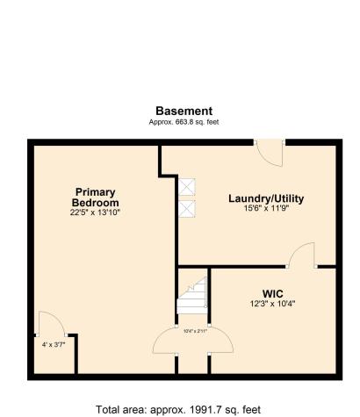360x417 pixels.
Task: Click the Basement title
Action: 184,111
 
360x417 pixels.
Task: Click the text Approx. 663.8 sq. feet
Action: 184,122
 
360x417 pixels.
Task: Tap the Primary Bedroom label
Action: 95,198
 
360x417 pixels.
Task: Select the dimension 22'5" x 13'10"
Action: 95,212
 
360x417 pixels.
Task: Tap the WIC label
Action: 272,293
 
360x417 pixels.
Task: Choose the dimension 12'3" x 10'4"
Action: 272,304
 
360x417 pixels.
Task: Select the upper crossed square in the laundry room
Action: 187,186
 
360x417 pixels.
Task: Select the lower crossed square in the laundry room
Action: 187,209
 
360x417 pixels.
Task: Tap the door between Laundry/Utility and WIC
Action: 303,255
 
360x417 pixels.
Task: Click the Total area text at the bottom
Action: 179,408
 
